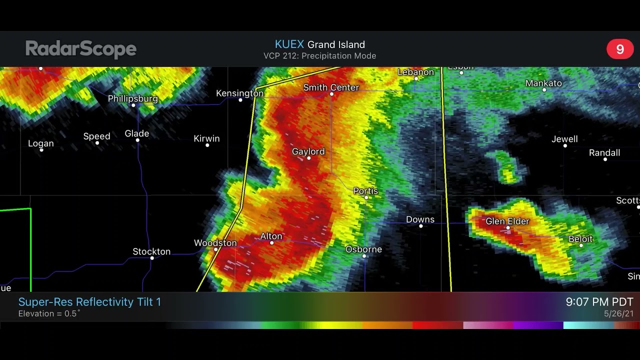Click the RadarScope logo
tap(81, 49)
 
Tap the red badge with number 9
tap(620, 49)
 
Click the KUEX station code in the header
tap(289, 44)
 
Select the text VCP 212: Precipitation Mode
tap(319, 56)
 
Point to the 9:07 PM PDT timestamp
tap(599, 302)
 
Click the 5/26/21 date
tap(618, 314)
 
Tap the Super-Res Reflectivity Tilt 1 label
tap(89, 302)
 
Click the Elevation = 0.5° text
tap(49, 314)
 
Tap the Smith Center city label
tap(331, 87)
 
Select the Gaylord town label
tap(308, 151)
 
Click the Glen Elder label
tap(507, 221)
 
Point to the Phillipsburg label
tap(133, 98)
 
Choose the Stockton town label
tap(151, 251)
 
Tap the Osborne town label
tap(363, 249)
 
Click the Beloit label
tap(580, 239)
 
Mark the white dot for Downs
tap(421, 226)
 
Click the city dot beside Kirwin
tap(207, 145)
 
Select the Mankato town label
tap(543, 83)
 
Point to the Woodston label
tap(215, 242)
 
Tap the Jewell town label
tap(564, 139)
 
